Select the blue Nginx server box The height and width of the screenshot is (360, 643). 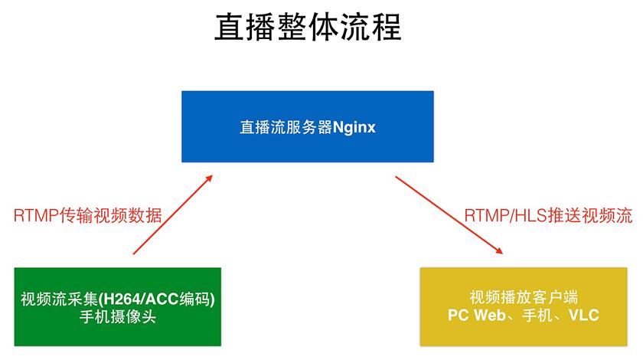(x=307, y=126)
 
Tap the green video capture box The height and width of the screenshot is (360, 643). (x=117, y=306)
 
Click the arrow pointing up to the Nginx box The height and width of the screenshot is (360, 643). (x=172, y=214)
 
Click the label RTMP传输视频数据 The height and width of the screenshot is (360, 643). (x=87, y=215)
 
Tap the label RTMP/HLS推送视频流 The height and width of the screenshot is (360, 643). (x=548, y=215)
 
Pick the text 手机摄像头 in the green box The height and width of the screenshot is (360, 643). (x=117, y=316)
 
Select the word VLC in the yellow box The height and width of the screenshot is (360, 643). (x=583, y=315)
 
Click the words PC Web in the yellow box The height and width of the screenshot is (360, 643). (x=474, y=315)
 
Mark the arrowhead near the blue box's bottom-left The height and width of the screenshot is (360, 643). (x=210, y=178)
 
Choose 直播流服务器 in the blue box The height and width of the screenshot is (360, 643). (x=284, y=126)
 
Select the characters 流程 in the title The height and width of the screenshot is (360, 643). (x=377, y=29)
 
